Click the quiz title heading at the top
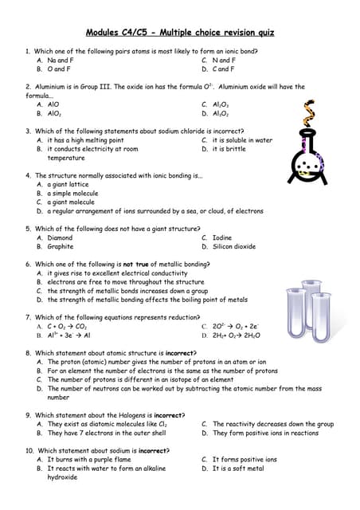click(179, 33)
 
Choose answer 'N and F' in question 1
click(224, 60)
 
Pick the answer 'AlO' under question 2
click(53, 104)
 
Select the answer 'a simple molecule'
click(72, 193)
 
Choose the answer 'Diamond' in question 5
click(60, 237)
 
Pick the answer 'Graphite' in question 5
click(61, 246)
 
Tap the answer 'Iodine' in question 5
click(222, 237)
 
